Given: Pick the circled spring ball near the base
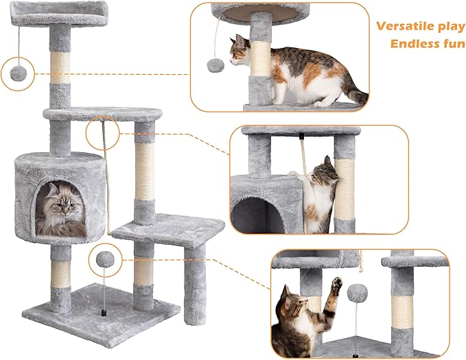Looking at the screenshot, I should pyautogui.click(x=105, y=259).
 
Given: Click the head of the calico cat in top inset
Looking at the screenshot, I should pyautogui.click(x=241, y=51).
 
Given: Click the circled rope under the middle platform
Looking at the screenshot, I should pyautogui.click(x=103, y=134).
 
